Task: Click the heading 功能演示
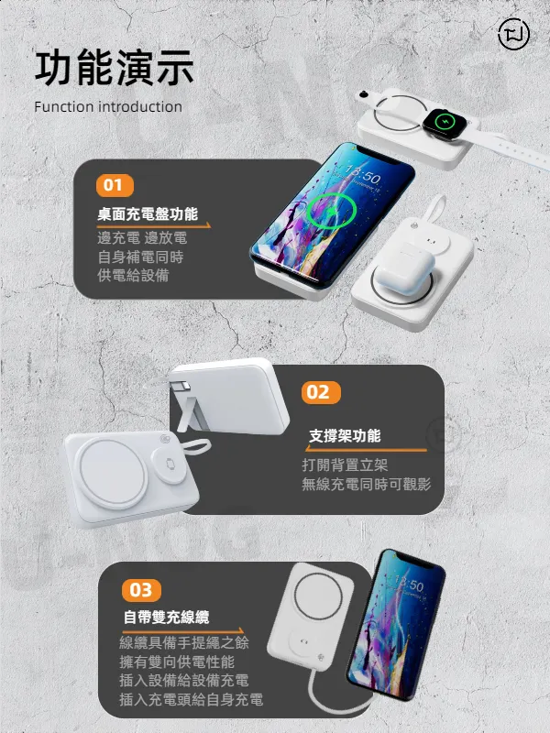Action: pos(115,69)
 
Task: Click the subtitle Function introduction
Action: pos(108,107)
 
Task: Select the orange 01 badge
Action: pos(113,186)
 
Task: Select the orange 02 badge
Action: pos(318,392)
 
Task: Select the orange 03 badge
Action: pos(140,589)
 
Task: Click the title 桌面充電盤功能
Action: pos(148,214)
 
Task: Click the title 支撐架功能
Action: pos(345,435)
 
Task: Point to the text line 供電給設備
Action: pos(134,276)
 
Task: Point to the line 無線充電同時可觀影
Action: pos(366,484)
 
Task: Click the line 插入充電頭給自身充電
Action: pos(192,700)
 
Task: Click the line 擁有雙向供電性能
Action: pos(177,662)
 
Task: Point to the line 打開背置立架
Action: pos(345,465)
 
